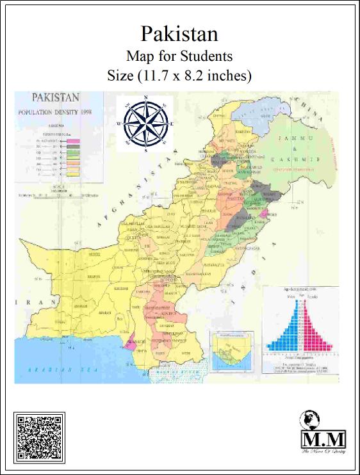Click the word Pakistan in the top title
pos(179,33)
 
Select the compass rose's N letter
pos(147,98)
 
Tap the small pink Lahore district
pos(265,213)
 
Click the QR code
pos(39,438)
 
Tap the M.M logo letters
pos(323,440)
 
